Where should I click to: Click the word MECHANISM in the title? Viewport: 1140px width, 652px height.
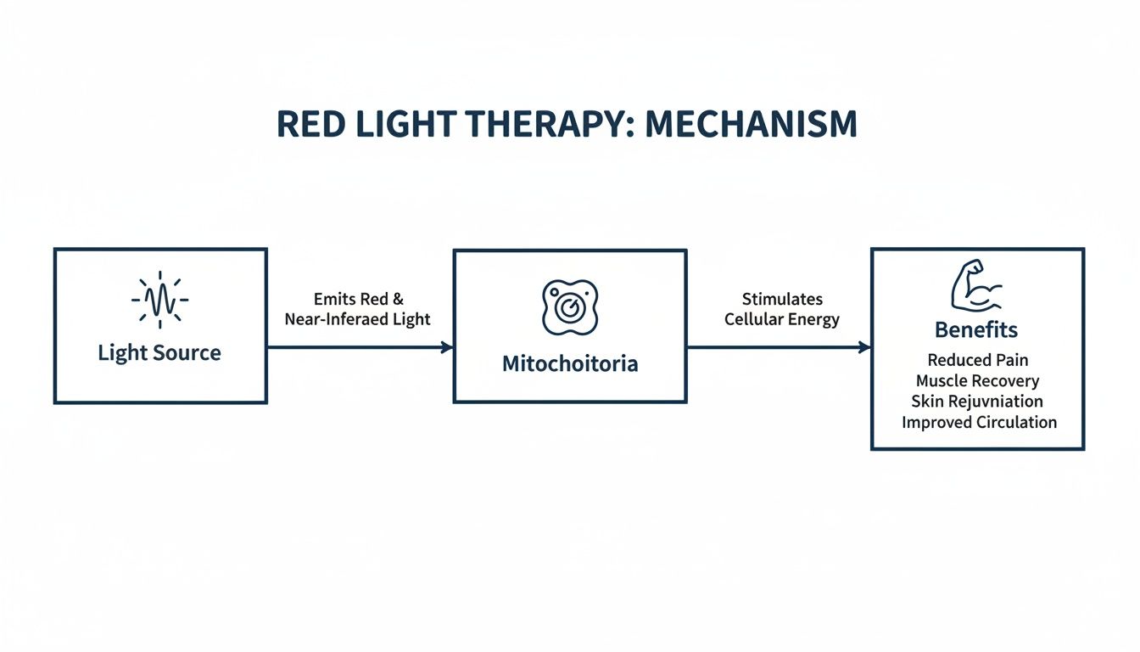[751, 125]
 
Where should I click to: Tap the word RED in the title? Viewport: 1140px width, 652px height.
[310, 125]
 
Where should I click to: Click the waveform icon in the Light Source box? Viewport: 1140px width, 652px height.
[159, 300]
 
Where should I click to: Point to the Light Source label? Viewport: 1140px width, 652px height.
[159, 353]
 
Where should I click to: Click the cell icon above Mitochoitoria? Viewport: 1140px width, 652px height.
[569, 306]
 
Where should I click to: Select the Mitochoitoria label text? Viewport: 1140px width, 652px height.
[570, 364]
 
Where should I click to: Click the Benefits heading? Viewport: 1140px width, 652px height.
[976, 329]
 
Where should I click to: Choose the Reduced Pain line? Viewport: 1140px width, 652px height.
[978, 361]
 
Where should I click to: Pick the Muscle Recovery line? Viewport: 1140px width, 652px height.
[977, 381]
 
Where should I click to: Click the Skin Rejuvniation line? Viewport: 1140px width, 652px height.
[977, 402]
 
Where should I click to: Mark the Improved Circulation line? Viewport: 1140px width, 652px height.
[979, 422]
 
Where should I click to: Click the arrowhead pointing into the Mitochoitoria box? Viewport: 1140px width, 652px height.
[447, 347]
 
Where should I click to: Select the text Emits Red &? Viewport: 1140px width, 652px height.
[359, 300]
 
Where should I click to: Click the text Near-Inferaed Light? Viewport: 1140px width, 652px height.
[358, 320]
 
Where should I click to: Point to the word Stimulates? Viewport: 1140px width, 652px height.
[782, 299]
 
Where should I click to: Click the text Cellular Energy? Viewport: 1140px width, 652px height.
[782, 320]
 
